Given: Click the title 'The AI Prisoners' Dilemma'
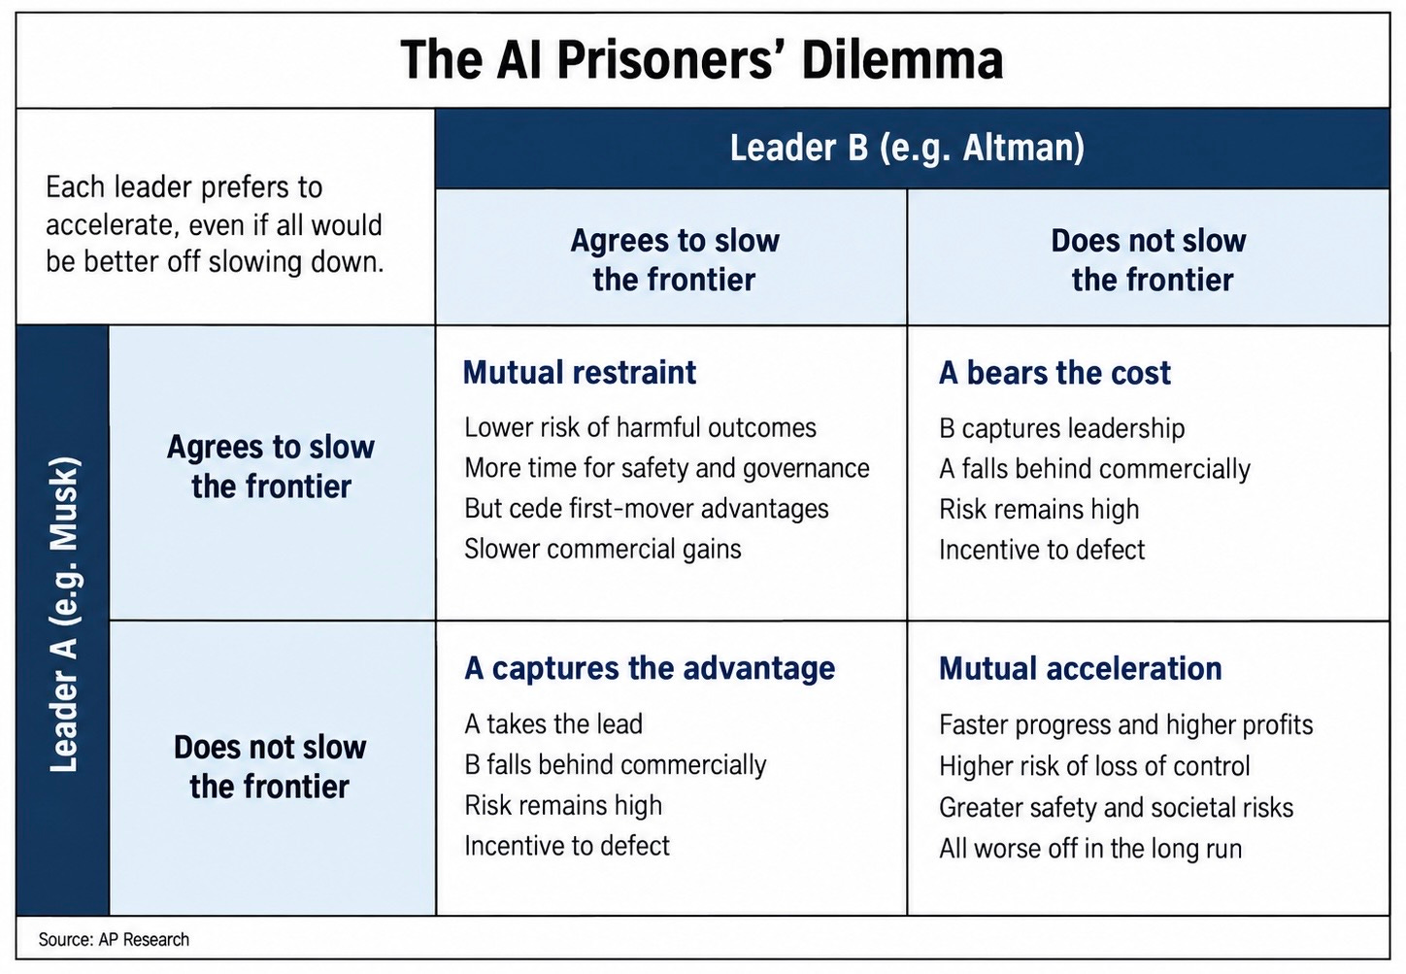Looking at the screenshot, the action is pos(702,59).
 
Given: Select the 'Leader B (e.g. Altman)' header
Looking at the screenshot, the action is pos(907,149).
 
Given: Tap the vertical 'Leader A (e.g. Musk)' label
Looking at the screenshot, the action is pos(63,616).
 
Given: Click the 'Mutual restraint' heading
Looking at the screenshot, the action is pos(580,372).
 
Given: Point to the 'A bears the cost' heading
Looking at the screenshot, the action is pos(1054,373).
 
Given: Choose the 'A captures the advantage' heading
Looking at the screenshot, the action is pos(650,668).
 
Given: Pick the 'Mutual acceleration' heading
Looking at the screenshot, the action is pos(1081,668).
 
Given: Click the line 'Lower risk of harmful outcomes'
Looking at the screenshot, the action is pos(640,428).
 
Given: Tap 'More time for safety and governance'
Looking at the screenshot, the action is pos(667,469).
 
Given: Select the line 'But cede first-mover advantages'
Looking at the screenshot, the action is pos(647,509).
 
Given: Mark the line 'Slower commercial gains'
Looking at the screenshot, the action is pos(603,549).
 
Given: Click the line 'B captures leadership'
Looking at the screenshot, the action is pos(1062,428).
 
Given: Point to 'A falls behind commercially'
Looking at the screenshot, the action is pos(1094,469).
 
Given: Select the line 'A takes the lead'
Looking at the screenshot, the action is pos(553,724).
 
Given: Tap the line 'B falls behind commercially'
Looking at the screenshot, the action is pos(616,765).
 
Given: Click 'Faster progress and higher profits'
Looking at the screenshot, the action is pos(1126,724).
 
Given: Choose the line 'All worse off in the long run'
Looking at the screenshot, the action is pos(1090,849).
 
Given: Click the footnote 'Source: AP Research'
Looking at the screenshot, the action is pos(114,939).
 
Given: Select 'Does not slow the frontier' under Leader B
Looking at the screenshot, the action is pos(1150,260).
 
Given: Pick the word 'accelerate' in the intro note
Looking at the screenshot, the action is pos(109,225).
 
